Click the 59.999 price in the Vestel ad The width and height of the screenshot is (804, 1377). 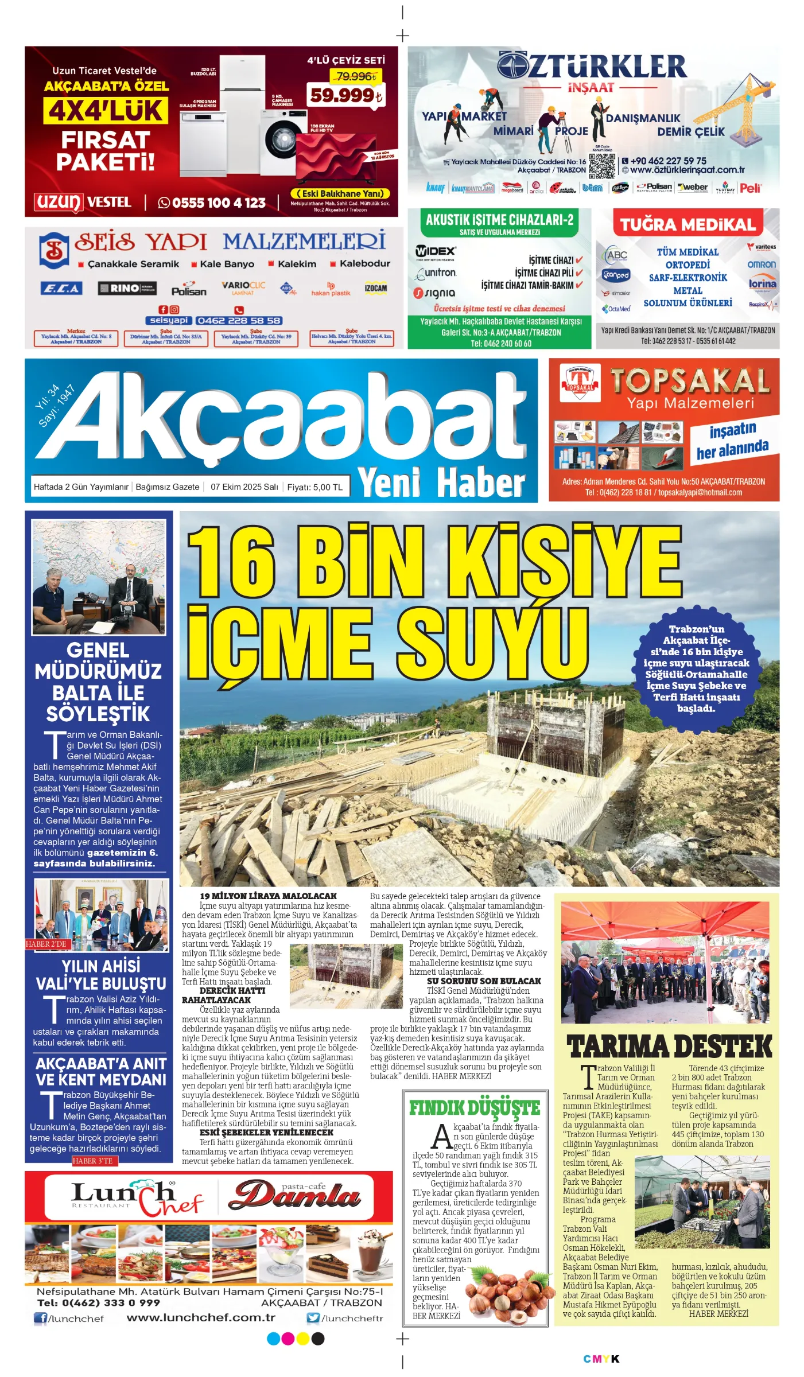click(345, 95)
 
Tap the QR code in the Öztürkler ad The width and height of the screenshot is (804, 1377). click(601, 165)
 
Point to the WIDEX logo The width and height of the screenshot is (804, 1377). click(435, 251)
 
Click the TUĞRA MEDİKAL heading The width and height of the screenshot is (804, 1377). click(688, 224)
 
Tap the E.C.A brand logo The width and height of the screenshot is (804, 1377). click(61, 289)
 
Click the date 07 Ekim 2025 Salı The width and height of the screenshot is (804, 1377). click(244, 487)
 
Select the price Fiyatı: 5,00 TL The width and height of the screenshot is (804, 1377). click(314, 487)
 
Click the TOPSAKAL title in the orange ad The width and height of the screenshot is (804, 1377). click(690, 380)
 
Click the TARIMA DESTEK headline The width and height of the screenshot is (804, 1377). click(669, 1046)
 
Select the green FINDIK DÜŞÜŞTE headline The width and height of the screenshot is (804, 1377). click(474, 1108)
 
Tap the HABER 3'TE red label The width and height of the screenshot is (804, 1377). click(93, 1161)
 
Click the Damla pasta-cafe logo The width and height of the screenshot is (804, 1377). click(294, 1196)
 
